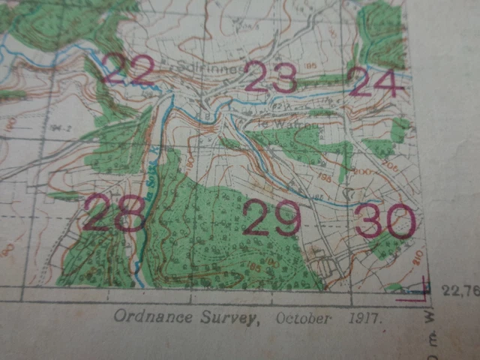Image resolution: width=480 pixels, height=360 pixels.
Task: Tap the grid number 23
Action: tap(271, 77)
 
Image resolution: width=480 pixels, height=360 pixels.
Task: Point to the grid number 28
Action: tap(114, 213)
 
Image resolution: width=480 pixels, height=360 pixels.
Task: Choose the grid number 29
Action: tap(271, 218)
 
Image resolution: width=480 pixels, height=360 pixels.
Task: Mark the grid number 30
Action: tap(384, 220)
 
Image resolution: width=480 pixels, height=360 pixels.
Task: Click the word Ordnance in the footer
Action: tap(145, 316)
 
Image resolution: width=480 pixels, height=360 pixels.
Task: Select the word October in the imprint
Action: tap(303, 318)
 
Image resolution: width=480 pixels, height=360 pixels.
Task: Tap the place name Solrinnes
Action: tap(208, 66)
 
